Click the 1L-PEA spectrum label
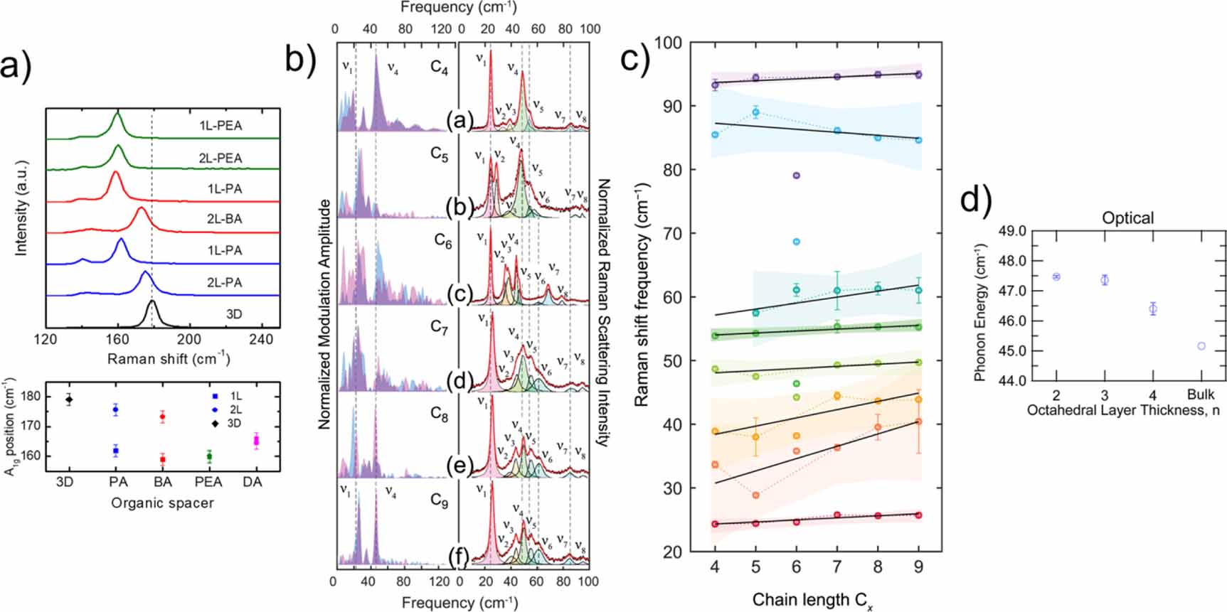[x=221, y=126]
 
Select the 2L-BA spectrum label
[x=224, y=219]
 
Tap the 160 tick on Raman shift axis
[x=117, y=340]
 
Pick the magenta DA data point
[x=256, y=441]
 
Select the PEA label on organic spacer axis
[x=208, y=482]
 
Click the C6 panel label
[x=443, y=241]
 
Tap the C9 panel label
[x=440, y=500]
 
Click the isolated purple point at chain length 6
[x=796, y=176]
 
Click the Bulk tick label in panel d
[x=1201, y=394]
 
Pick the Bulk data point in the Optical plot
[x=1201, y=346]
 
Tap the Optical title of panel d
[x=1127, y=218]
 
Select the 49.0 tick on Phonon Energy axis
[x=1012, y=232]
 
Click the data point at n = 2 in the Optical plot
[x=1056, y=277]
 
